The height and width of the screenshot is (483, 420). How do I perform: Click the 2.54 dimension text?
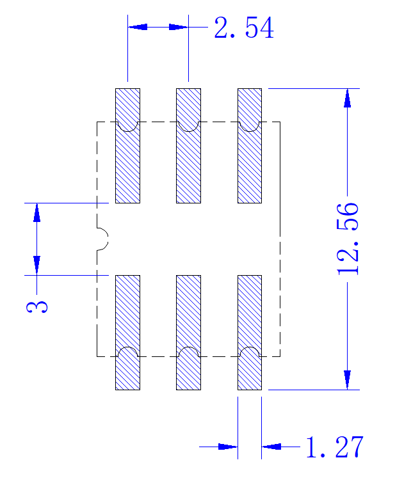tap(244, 28)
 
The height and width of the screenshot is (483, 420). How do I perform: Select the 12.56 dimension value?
tap(348, 239)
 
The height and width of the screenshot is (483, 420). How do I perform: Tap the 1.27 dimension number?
tap(335, 447)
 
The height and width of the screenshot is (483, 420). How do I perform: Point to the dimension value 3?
tap(37, 307)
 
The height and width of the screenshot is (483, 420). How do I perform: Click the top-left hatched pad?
tap(127, 146)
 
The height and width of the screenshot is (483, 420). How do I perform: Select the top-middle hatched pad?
tap(188, 146)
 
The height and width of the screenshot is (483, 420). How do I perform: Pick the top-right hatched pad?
tap(250, 146)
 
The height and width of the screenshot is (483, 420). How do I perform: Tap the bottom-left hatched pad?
tap(127, 333)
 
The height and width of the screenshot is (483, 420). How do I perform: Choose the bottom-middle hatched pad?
tap(188, 333)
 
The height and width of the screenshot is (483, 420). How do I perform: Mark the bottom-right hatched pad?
tap(250, 333)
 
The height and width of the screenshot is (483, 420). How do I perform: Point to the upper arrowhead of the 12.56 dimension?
tap(347, 99)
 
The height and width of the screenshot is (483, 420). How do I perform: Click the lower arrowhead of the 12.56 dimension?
tap(347, 380)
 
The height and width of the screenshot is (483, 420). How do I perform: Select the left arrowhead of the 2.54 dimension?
tap(138, 27)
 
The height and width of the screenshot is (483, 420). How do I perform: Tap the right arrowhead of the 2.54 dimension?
tap(178, 27)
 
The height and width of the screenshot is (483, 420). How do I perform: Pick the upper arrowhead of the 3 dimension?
tap(37, 213)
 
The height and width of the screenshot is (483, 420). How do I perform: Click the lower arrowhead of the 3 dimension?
tap(37, 265)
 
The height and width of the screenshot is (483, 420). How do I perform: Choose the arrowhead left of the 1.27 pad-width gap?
tap(228, 447)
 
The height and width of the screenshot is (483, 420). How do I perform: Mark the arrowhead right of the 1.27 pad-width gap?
tap(271, 447)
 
